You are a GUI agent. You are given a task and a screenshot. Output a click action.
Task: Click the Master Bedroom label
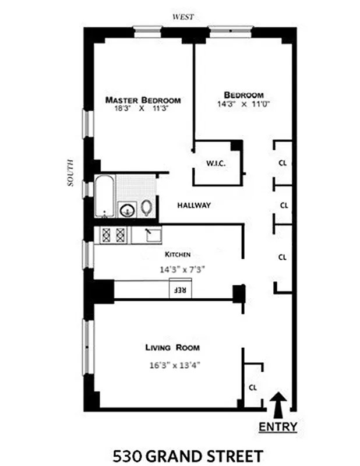click(x=143, y=100)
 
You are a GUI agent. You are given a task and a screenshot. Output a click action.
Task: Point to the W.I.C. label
click(x=215, y=164)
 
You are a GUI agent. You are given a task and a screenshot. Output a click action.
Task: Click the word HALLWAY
click(x=193, y=206)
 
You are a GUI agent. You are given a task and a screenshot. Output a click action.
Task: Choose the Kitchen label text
click(x=178, y=255)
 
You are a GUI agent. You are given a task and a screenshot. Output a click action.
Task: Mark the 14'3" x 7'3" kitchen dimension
click(x=182, y=270)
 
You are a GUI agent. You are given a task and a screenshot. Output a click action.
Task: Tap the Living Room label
click(x=172, y=348)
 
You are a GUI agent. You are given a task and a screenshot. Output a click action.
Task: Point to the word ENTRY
click(x=278, y=427)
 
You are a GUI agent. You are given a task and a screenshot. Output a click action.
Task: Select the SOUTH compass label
click(x=70, y=173)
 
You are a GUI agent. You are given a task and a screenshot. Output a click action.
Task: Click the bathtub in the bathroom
click(x=105, y=196)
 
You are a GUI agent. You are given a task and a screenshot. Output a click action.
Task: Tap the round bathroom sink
click(x=126, y=210)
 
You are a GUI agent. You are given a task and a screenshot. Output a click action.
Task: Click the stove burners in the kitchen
click(x=113, y=235)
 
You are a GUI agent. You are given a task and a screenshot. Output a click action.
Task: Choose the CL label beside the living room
click(x=253, y=387)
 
